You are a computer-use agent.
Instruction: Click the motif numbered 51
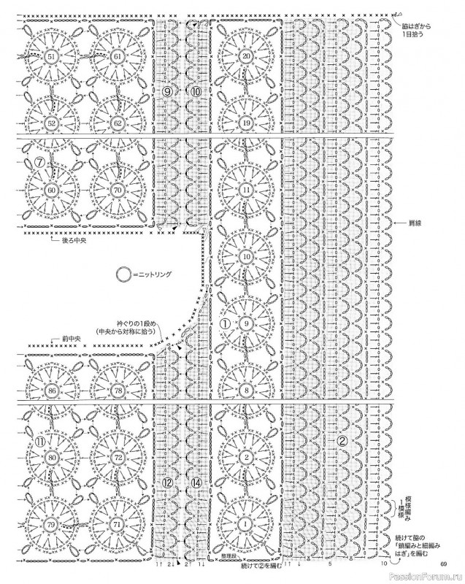51,57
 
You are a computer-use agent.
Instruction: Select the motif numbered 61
117,57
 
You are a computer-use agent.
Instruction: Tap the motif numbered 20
246,57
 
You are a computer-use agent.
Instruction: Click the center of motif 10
246,257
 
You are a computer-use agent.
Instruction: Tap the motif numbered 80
51,458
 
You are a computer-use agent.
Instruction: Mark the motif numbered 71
117,525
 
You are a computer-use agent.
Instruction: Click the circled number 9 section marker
168,91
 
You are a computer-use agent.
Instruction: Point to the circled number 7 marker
31,161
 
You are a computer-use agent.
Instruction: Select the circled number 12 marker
167,483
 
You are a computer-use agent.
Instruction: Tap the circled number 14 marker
195,483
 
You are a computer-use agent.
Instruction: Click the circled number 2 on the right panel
341,441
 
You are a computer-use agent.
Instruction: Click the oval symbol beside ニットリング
124,274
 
